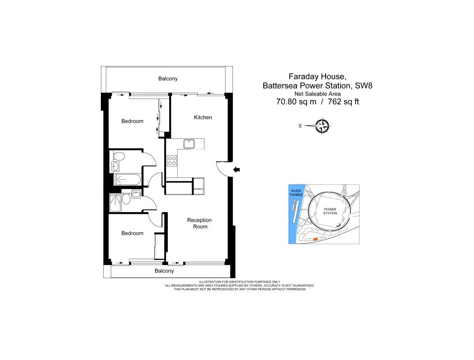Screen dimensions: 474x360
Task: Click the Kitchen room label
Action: click(203, 117)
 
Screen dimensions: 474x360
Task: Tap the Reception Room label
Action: click(199, 223)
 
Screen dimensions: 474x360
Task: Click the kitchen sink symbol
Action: click(189, 143)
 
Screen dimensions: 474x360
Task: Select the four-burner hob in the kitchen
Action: click(172, 161)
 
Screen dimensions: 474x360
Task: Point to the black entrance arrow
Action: click(237, 170)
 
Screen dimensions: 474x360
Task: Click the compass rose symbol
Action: click(322, 126)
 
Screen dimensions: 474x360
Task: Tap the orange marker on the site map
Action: click(315, 239)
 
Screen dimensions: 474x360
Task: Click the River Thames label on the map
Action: click(296, 193)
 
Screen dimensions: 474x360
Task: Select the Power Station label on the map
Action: click(330, 211)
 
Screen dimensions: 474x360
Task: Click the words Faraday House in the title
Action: click(316, 76)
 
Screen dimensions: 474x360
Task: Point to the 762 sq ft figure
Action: click(343, 102)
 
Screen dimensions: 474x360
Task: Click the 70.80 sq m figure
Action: click(296, 102)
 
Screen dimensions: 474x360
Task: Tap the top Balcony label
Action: click(168, 79)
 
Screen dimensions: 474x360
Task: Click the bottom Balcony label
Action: click(164, 271)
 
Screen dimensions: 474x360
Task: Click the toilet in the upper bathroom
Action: click(119, 156)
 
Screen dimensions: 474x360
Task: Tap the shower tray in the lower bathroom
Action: click(115, 203)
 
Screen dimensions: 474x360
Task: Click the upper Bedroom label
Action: click(133, 121)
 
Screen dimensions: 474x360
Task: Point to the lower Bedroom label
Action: click(133, 233)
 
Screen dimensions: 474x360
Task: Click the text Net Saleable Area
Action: click(318, 94)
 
